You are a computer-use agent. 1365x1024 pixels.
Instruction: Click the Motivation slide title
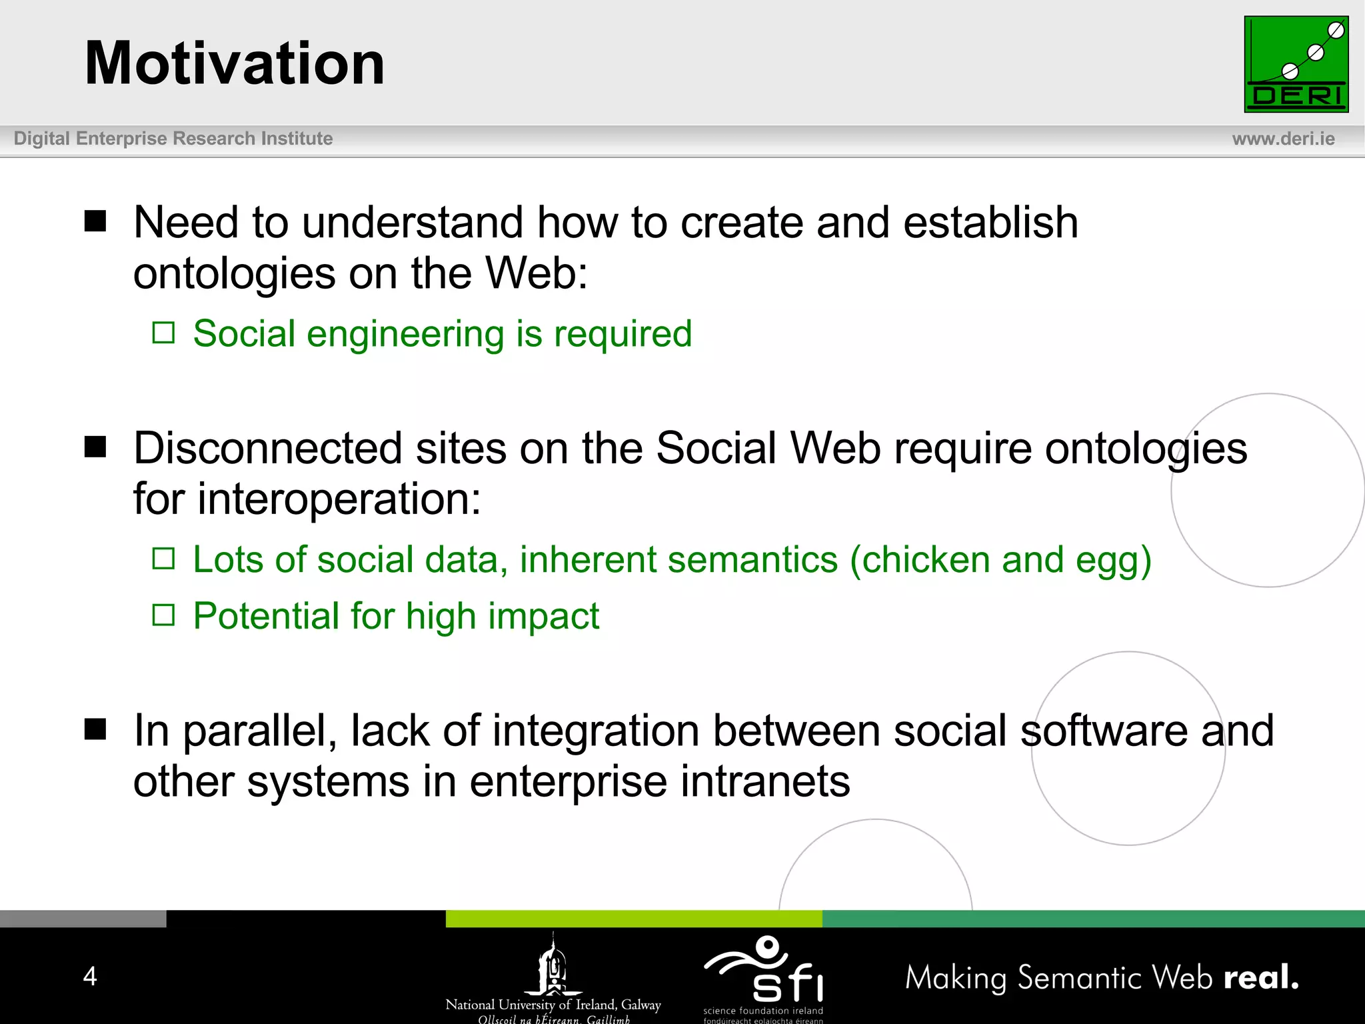click(235, 63)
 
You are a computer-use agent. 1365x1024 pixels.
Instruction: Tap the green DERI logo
click(1296, 64)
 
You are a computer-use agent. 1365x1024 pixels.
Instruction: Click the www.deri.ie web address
click(1283, 139)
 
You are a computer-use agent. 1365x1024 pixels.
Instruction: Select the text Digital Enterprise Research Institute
click(173, 139)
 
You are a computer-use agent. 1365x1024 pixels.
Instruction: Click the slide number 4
click(90, 976)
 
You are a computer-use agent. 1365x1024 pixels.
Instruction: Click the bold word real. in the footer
click(1261, 977)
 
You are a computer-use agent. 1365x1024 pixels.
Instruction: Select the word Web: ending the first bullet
click(537, 273)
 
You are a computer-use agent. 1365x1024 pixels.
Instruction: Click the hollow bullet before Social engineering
click(163, 333)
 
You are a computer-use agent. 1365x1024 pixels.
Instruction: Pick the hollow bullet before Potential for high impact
click(163, 615)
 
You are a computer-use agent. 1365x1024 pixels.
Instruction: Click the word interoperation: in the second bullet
click(339, 499)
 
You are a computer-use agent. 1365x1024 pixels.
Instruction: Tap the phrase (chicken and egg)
click(1000, 559)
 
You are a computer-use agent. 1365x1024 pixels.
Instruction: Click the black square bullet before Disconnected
click(95, 447)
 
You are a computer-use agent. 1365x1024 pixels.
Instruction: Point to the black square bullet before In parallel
click(95, 729)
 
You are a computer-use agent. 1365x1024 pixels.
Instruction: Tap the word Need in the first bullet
click(186, 222)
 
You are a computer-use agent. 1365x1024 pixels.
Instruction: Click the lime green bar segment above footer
click(633, 919)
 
